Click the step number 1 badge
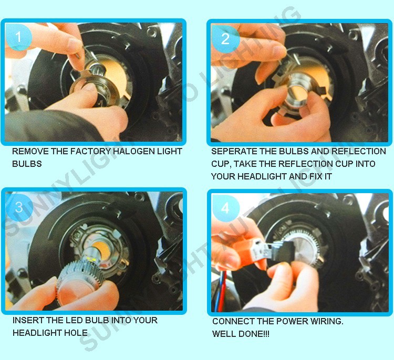click(18, 37)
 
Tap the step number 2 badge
click(225, 39)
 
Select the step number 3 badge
click(19, 207)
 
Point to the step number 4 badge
click(225, 208)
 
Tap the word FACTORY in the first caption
click(90, 151)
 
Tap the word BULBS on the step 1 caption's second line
click(27, 164)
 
